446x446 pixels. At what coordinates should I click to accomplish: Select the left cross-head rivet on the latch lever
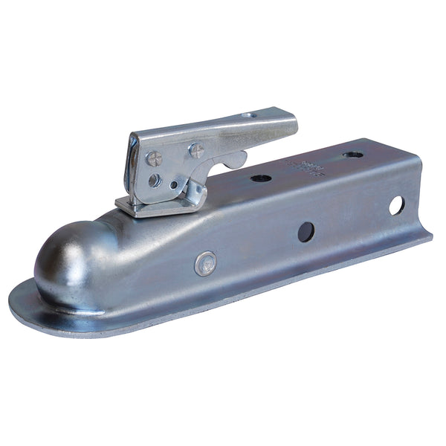[x=155, y=158]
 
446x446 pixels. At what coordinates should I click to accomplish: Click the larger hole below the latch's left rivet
[x=154, y=180]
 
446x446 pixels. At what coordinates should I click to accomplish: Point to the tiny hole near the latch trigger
[x=173, y=185]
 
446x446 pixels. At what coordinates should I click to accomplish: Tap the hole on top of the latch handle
[x=251, y=115]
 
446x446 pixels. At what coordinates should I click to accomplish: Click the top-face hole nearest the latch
[x=261, y=178]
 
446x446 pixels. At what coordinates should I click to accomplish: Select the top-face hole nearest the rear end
[x=352, y=155]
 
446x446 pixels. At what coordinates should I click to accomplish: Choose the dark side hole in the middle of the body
[x=306, y=231]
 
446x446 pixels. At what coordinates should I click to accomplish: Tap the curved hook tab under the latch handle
[x=236, y=159]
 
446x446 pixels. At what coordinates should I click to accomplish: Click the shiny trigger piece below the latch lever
[x=195, y=194]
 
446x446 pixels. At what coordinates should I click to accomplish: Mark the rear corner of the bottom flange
[x=430, y=238]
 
